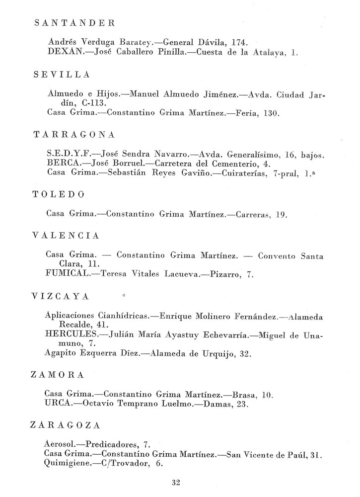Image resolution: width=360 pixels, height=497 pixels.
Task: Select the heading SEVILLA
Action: [62, 75]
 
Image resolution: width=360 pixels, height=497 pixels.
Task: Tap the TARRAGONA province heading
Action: [74, 135]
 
